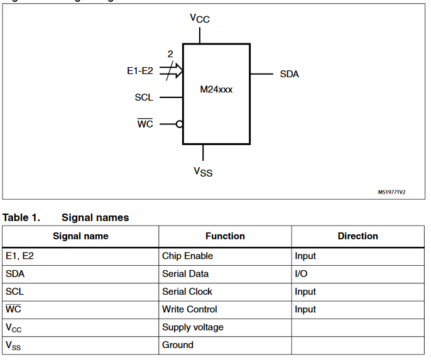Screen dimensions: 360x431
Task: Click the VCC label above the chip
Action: click(x=200, y=18)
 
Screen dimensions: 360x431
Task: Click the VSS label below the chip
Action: click(x=203, y=171)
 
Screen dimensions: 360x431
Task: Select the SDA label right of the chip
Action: click(x=290, y=74)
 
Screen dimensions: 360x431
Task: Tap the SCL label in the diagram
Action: click(x=144, y=97)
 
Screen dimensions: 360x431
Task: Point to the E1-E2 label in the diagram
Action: click(x=140, y=72)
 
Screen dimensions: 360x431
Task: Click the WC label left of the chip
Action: click(x=145, y=124)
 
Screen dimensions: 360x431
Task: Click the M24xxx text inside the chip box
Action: click(x=216, y=90)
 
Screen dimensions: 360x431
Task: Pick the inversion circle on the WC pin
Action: click(x=180, y=124)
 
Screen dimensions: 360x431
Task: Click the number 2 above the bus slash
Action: click(x=170, y=55)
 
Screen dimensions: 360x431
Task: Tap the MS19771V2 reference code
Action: click(x=391, y=192)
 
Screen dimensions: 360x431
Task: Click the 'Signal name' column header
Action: click(x=80, y=236)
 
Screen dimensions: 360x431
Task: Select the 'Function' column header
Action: click(x=225, y=236)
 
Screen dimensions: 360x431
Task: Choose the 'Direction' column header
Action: click(x=357, y=236)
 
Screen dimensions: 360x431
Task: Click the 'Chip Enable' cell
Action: click(x=187, y=256)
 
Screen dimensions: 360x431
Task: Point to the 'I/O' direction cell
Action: click(x=301, y=274)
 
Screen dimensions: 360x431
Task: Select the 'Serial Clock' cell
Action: click(x=187, y=292)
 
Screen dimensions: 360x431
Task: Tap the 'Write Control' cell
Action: click(x=190, y=309)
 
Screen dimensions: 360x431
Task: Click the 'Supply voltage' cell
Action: click(x=193, y=327)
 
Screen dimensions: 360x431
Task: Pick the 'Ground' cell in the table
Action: click(x=178, y=345)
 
